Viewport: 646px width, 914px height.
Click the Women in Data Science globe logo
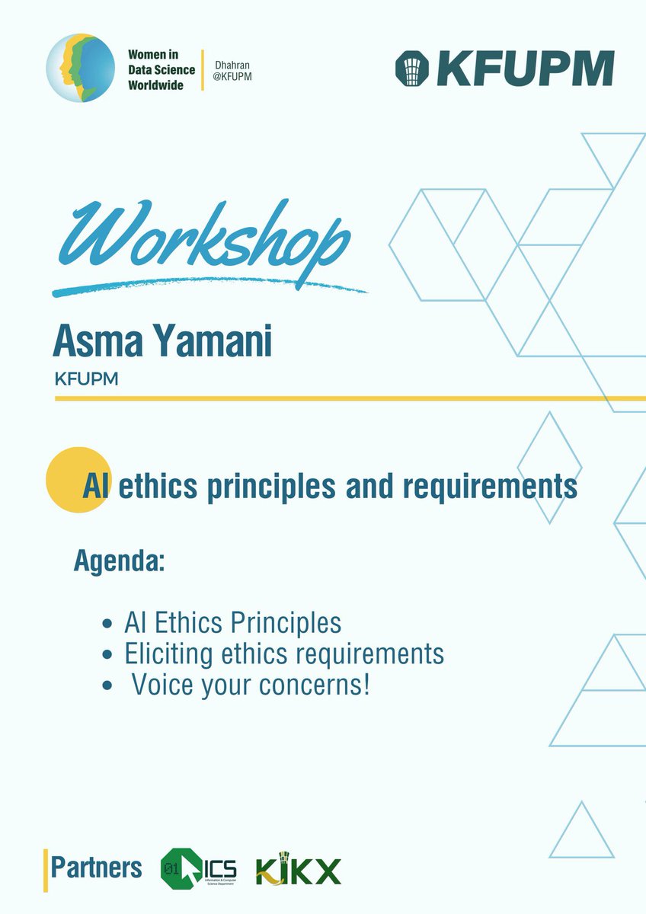[x=81, y=69]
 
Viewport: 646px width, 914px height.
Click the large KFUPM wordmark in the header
[x=526, y=69]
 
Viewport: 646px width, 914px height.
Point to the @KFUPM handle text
[x=233, y=78]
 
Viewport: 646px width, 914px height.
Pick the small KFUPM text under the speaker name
[x=86, y=379]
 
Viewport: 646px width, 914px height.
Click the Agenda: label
[x=120, y=561]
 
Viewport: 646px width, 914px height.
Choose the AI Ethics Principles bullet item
[x=232, y=622]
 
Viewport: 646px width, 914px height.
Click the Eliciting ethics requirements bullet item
[x=283, y=653]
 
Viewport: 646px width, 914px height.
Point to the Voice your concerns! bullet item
[x=251, y=684]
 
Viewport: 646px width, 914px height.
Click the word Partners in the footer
[x=96, y=868]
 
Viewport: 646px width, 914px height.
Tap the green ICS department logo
[x=199, y=868]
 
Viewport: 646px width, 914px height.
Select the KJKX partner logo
[x=299, y=869]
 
